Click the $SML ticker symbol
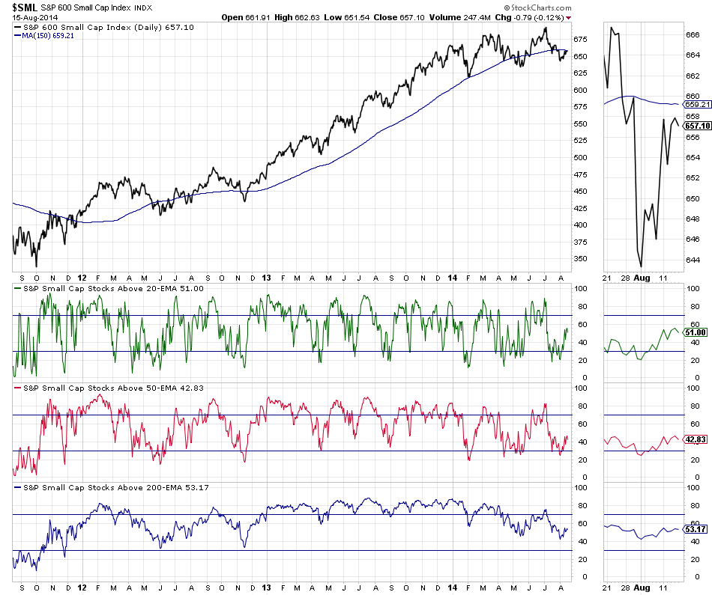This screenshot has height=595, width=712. coord(25,7)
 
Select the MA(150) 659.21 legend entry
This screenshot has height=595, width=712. coord(43,35)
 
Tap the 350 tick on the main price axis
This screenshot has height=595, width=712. coord(580,259)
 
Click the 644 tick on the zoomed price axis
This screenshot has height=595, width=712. coord(693,260)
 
